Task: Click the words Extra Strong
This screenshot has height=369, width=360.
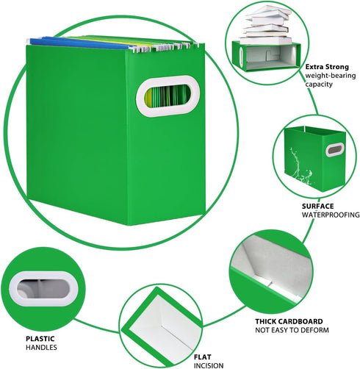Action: coord(327,67)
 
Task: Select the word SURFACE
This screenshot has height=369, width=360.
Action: coord(317,206)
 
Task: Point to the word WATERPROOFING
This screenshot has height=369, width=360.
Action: coord(331,215)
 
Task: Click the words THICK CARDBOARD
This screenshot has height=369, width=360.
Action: coord(289,321)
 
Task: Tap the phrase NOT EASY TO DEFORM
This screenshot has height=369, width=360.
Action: coord(292,330)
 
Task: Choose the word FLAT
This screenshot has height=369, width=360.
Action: coord(203,357)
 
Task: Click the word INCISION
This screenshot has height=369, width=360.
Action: coord(209,365)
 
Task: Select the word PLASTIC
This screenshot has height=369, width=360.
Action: coord(40,339)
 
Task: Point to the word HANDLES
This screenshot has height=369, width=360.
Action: coord(41,348)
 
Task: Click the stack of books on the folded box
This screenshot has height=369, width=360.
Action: coord(267,25)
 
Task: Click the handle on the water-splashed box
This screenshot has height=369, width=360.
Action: coord(335,149)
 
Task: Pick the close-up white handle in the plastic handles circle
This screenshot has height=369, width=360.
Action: coord(43,289)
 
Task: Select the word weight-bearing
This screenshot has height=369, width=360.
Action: coord(331,76)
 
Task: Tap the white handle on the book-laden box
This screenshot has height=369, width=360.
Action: coord(241,57)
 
